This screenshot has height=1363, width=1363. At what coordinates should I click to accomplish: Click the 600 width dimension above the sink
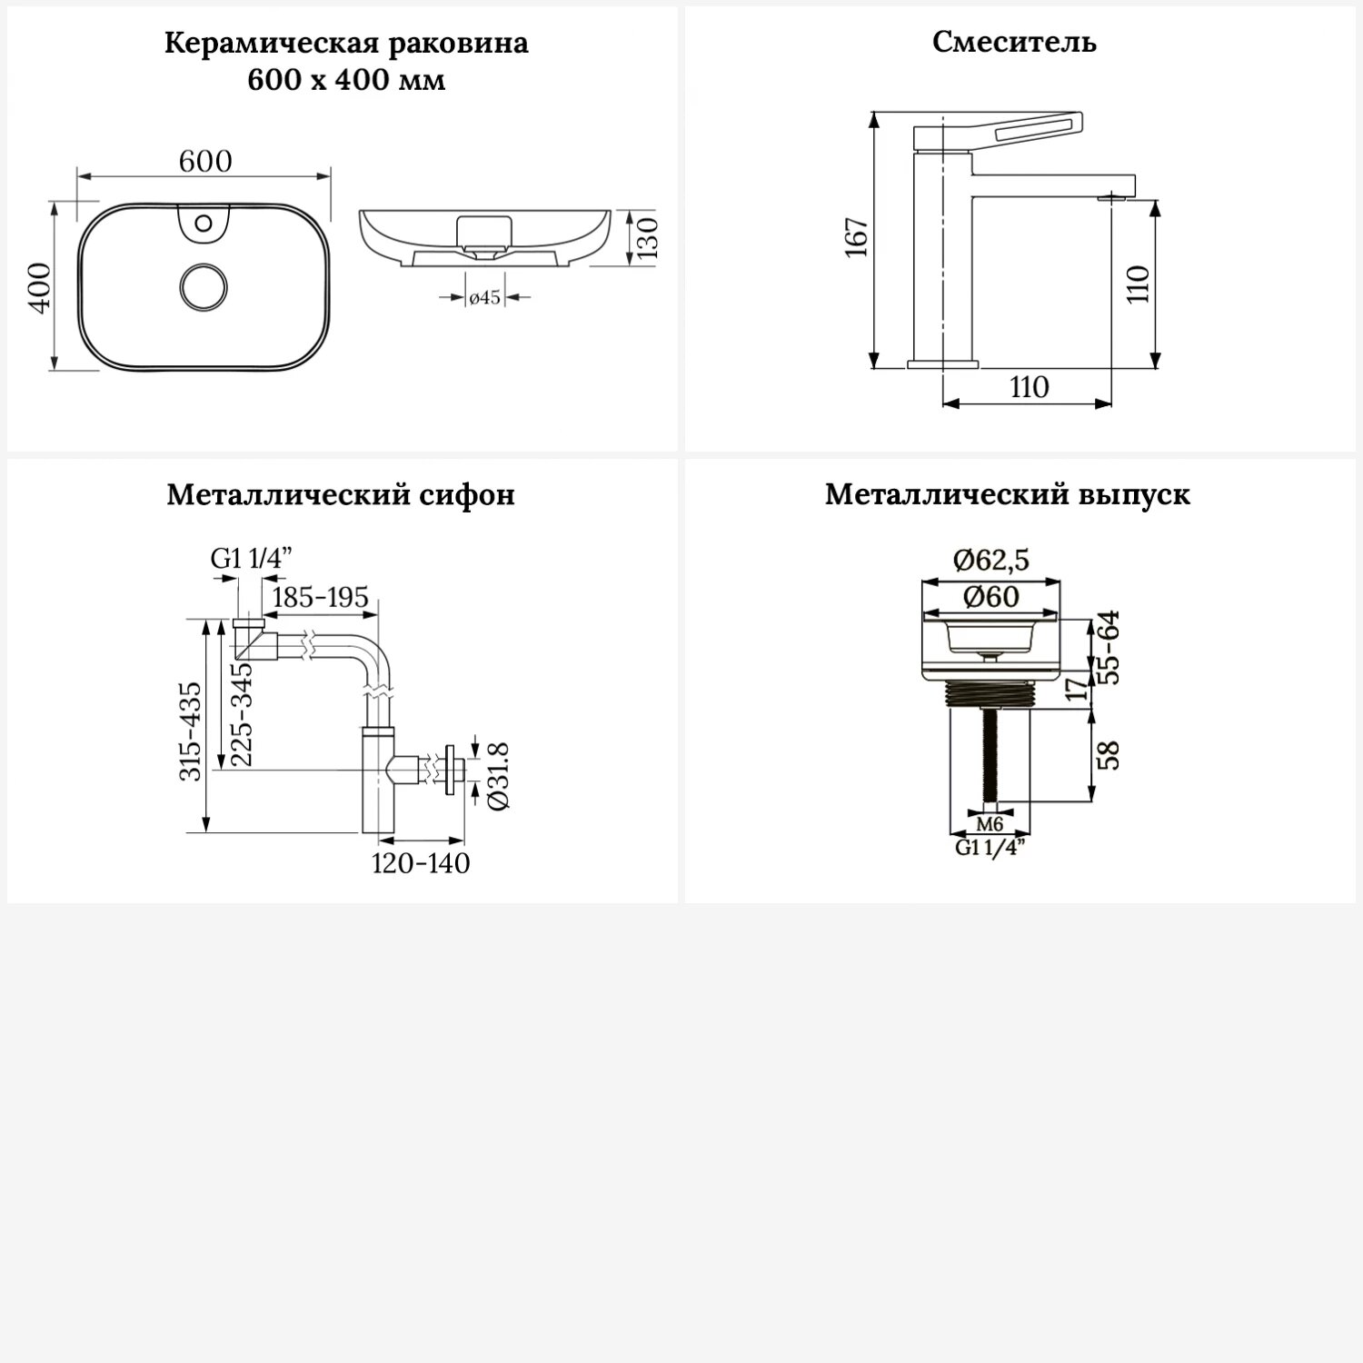205,161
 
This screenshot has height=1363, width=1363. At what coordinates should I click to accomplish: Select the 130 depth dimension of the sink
647,238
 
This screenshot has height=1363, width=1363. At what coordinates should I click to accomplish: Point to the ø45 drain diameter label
484,297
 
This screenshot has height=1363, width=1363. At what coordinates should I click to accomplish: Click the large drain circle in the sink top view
204,287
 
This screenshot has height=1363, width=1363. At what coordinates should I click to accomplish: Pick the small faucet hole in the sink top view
204,222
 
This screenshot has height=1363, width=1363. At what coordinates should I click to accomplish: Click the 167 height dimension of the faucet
858,238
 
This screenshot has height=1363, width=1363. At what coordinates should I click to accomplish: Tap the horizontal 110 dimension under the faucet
1029,387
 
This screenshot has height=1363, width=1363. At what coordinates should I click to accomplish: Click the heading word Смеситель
1014,42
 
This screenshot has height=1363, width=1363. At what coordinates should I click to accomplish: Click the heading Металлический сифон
341,494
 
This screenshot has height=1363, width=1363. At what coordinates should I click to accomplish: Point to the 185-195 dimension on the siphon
320,597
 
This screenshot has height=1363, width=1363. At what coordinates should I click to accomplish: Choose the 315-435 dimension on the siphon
191,731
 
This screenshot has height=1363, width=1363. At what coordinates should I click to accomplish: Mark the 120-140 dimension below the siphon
421,862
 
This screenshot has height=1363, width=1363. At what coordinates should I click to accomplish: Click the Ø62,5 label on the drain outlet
990,561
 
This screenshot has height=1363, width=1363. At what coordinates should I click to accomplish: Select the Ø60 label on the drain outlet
990,597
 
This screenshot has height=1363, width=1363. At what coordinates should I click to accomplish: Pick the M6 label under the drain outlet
990,825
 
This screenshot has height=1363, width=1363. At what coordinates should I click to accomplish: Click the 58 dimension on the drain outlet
1109,756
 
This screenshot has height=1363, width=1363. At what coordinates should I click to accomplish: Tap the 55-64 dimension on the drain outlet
1109,647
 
